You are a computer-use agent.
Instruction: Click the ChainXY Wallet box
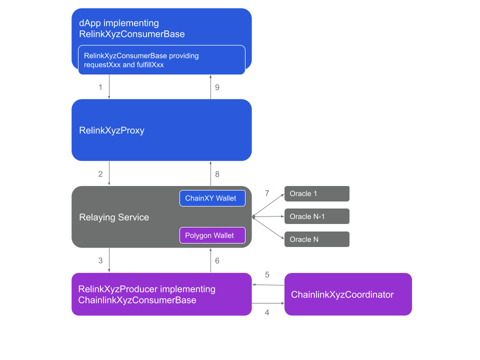coord(212,198)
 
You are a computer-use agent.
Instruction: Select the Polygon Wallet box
coord(212,235)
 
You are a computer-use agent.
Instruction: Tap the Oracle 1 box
coord(316,193)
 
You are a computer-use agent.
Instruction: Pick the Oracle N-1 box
coord(316,216)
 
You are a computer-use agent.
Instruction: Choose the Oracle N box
coord(316,239)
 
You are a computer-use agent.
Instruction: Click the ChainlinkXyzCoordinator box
coord(348,294)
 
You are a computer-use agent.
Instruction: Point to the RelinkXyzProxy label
coord(112,130)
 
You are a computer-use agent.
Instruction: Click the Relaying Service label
coord(114,217)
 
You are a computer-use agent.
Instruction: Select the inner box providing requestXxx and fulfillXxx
coord(161,60)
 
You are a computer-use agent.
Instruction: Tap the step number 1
coord(100,87)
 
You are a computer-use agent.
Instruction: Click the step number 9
coord(217,87)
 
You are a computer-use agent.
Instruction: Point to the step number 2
coord(100,174)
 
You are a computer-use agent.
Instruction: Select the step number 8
coord(217,174)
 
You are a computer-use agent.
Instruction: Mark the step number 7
coord(267,193)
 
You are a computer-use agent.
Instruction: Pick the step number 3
coord(100,260)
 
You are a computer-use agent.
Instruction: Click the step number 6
coord(217,260)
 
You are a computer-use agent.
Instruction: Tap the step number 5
coord(267,274)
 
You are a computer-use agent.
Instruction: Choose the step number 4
coord(267,312)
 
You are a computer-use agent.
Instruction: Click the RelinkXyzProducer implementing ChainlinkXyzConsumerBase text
coord(147,294)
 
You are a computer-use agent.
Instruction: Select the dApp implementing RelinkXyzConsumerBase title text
coord(132,29)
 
